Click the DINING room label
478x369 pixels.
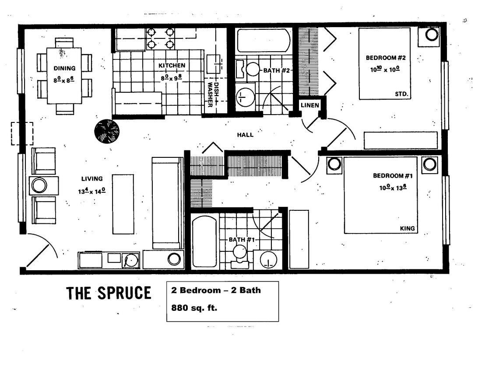point(64,68)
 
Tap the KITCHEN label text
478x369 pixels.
point(172,66)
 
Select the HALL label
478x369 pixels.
point(245,135)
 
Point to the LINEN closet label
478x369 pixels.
point(310,105)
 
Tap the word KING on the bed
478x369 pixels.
point(407,229)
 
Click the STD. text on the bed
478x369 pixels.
point(401,94)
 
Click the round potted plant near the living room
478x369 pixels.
point(107,131)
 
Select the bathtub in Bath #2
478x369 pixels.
point(264,41)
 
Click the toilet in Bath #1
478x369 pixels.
point(239,256)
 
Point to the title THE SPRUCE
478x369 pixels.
point(109,293)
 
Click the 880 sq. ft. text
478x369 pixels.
point(194,308)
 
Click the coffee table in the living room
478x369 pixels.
point(123,204)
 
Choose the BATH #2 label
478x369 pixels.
point(277,70)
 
